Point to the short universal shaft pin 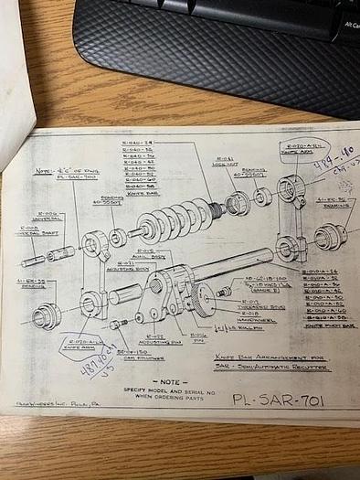pyautogui.click(x=33, y=260)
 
